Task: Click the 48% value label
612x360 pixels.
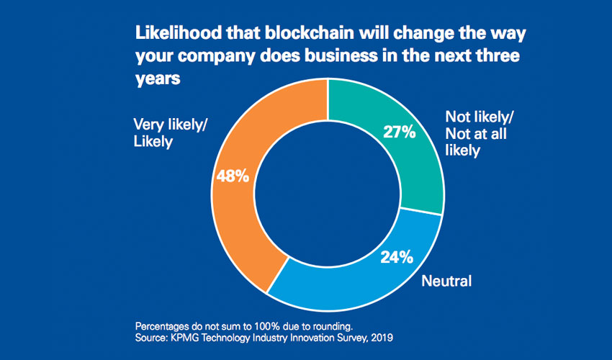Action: (x=233, y=175)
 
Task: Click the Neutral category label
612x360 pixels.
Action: (x=446, y=281)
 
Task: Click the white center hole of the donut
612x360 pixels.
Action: (x=328, y=194)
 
